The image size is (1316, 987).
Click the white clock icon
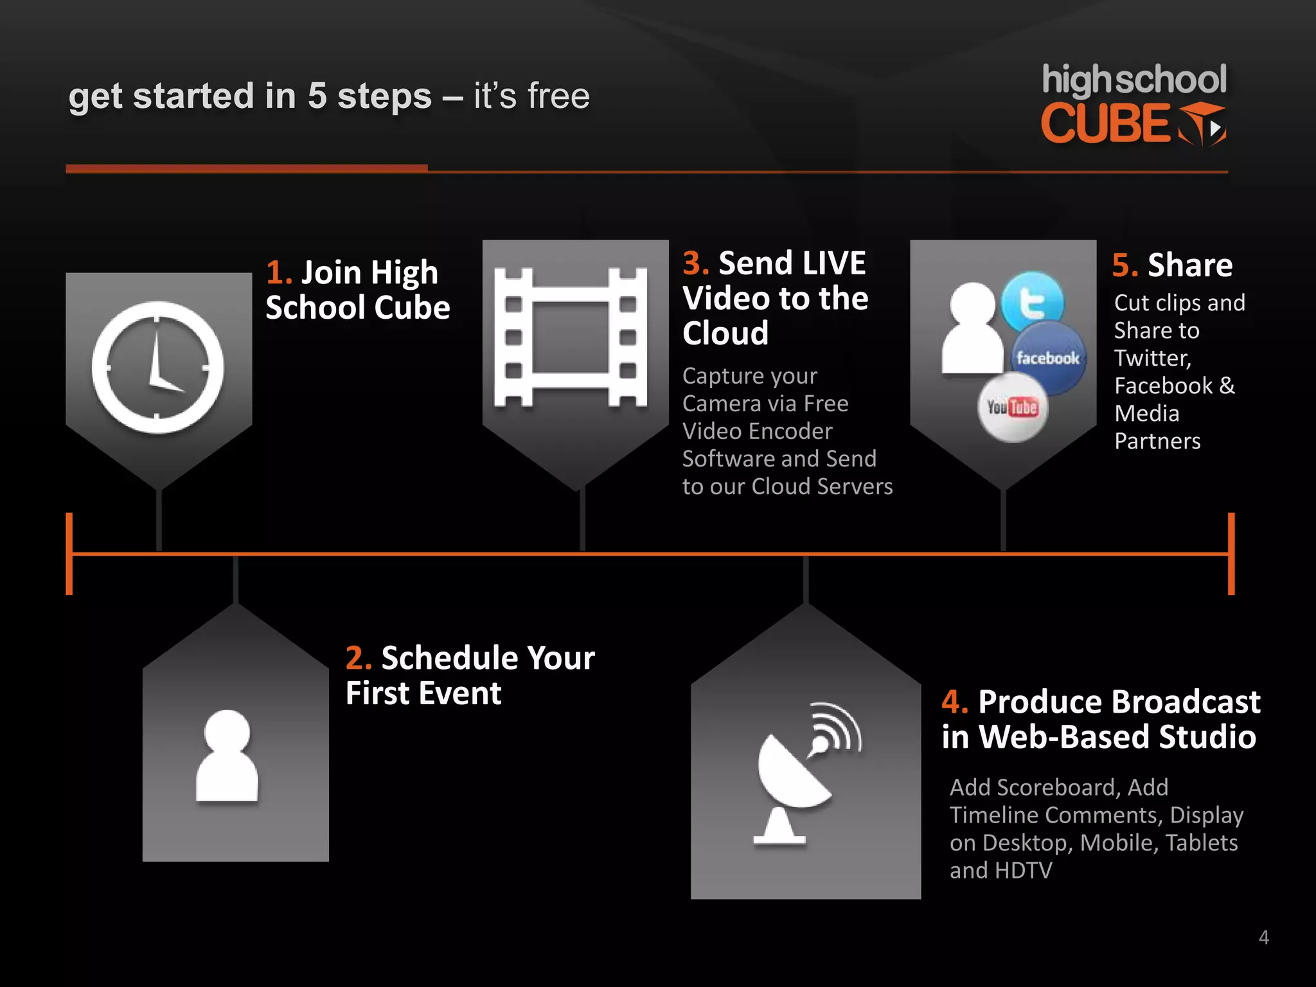point(157,367)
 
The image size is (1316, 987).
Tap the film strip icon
point(570,337)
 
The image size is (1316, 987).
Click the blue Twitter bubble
point(1033,301)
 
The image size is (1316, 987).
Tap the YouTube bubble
point(1013,407)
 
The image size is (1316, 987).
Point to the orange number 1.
point(278,272)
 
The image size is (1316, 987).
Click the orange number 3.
point(695,263)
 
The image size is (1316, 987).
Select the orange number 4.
point(954,702)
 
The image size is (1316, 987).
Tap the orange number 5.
point(1125,265)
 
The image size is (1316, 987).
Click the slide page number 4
point(1263,938)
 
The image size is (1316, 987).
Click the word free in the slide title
point(558,96)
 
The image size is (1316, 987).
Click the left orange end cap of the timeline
point(69,553)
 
